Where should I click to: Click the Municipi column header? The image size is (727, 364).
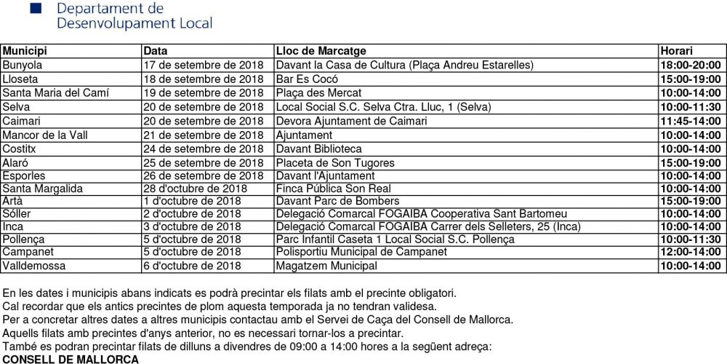pos(25,51)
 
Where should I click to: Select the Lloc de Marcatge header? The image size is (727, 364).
pos(321,51)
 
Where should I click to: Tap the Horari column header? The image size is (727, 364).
pos(676,51)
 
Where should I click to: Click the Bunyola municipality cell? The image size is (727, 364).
pos(23,65)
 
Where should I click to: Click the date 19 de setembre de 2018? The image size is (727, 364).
pos(203,93)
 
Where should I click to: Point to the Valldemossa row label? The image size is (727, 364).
pos(33,266)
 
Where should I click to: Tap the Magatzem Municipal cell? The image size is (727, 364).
pos(326,266)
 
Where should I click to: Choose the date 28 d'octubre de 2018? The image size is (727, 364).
pos(195,189)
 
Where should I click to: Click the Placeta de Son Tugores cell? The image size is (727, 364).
pos(335,163)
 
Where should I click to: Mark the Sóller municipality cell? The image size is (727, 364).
pos(17,214)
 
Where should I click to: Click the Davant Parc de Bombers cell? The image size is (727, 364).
pos(337,201)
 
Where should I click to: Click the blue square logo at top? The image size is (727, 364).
pos(35,8)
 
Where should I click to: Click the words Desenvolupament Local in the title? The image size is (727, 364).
pos(134,23)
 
